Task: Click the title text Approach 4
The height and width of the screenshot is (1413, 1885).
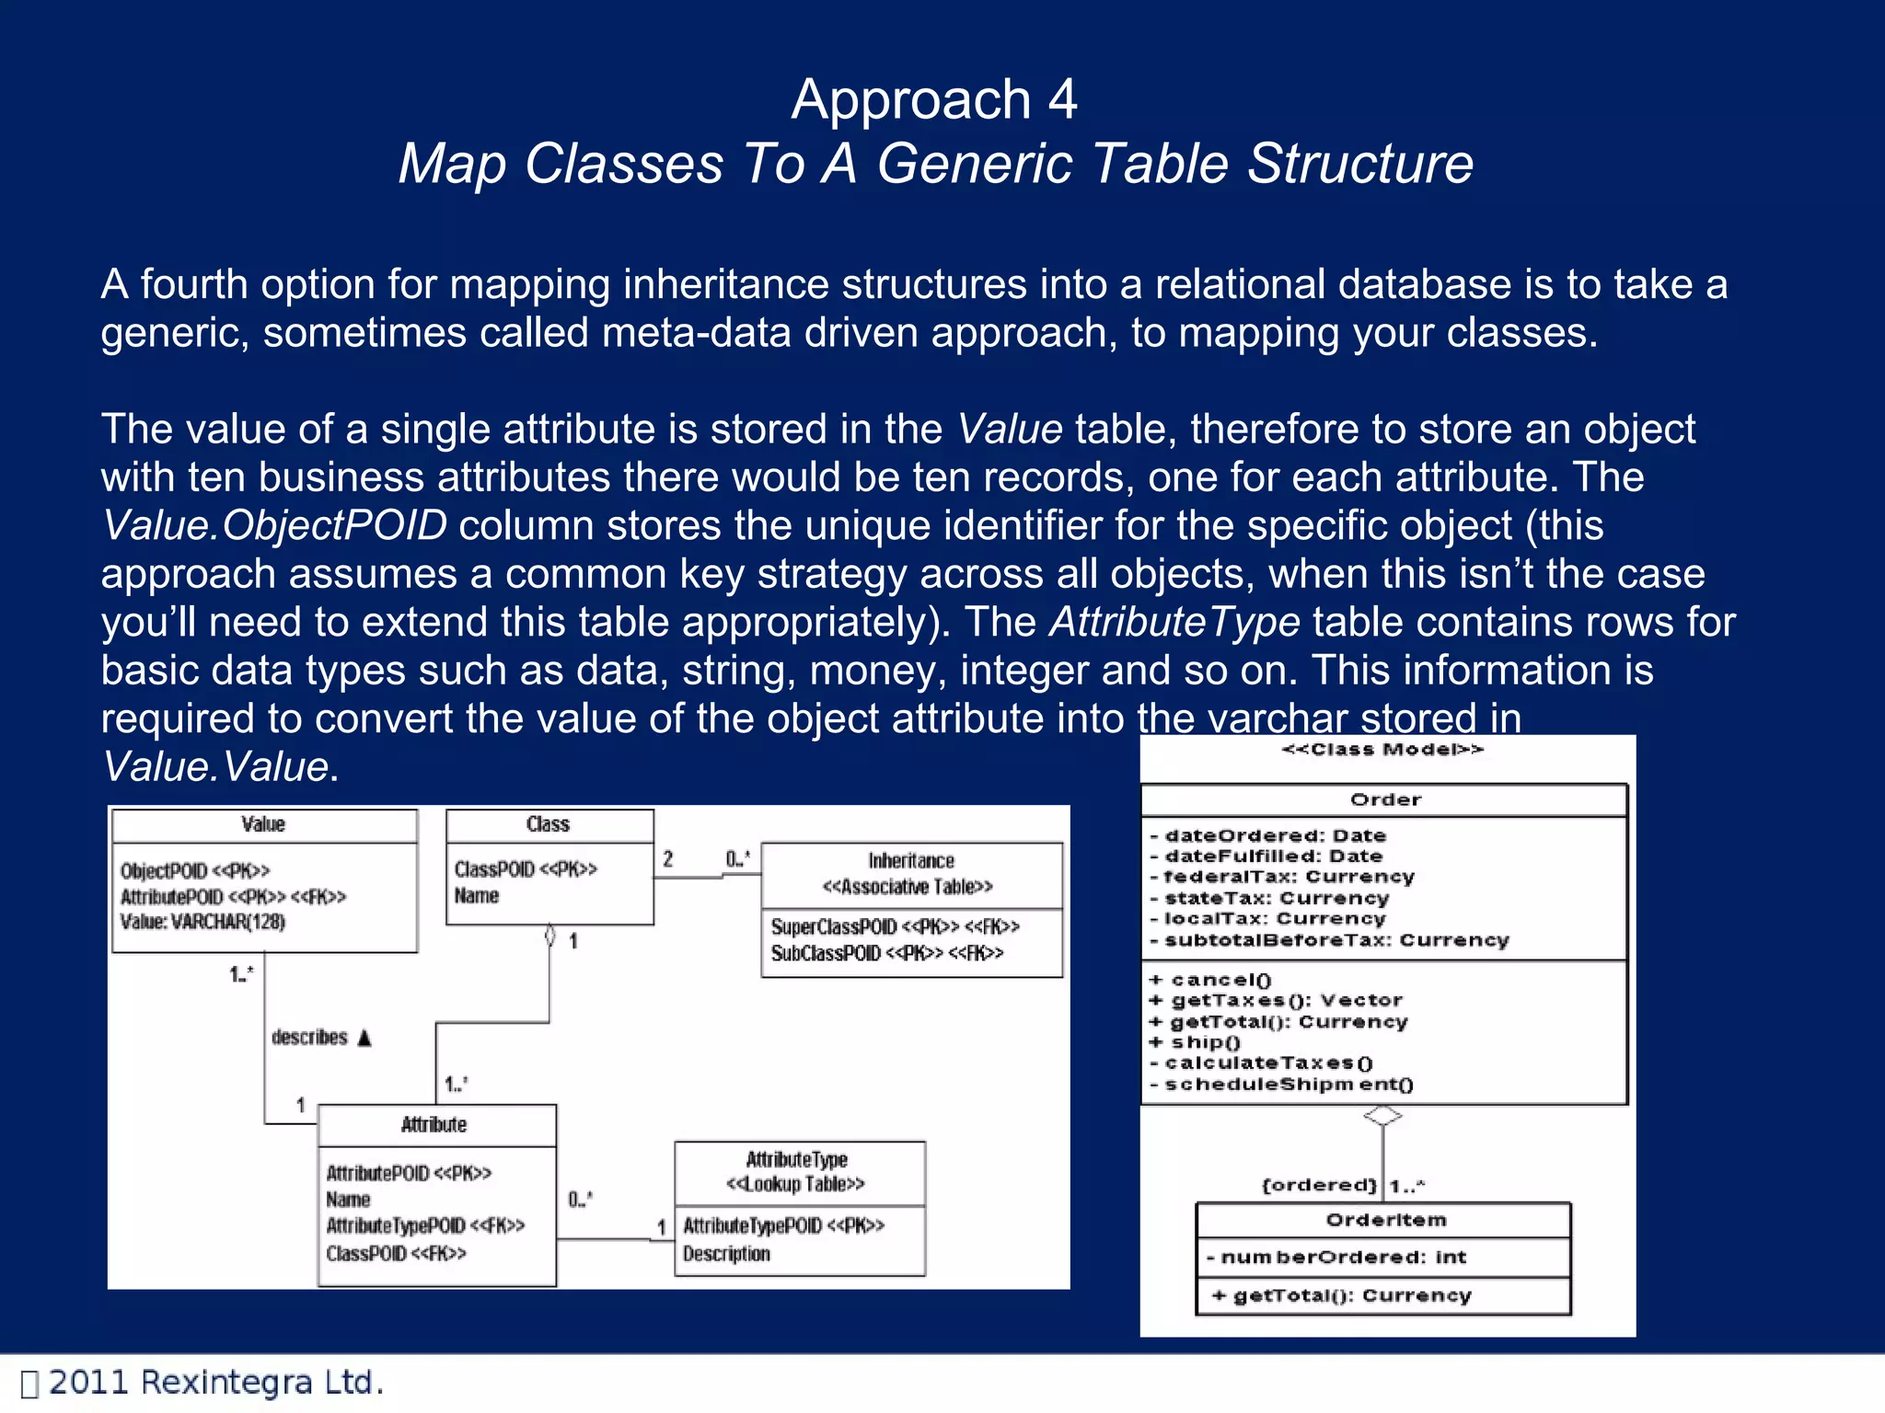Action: click(933, 99)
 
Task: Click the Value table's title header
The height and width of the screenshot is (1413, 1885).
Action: click(263, 824)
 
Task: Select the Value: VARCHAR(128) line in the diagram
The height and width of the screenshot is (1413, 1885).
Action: click(202, 922)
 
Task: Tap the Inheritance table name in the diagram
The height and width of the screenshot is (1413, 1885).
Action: click(911, 861)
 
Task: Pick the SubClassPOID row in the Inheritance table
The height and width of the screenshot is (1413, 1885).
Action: click(886, 953)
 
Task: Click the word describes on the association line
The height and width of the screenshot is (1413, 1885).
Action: click(309, 1038)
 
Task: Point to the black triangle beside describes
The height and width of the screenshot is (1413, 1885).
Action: click(364, 1039)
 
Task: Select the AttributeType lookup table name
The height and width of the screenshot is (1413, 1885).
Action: click(797, 1159)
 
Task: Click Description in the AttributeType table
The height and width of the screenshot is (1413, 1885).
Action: click(726, 1254)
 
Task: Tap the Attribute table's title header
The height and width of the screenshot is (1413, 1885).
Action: click(434, 1125)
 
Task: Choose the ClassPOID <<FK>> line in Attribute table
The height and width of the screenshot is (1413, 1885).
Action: click(396, 1253)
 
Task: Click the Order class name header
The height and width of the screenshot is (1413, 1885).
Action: click(1385, 799)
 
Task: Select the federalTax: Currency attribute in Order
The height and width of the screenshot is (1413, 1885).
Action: click(1289, 877)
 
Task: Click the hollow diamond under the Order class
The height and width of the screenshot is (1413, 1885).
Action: click(1382, 1116)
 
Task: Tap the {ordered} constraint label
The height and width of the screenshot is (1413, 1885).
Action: click(1319, 1185)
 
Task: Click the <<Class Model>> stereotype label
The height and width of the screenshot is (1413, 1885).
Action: click(1382, 750)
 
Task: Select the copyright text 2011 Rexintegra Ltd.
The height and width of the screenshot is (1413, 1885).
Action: click(215, 1383)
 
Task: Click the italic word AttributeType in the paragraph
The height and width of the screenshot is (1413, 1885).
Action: click(1174, 622)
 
